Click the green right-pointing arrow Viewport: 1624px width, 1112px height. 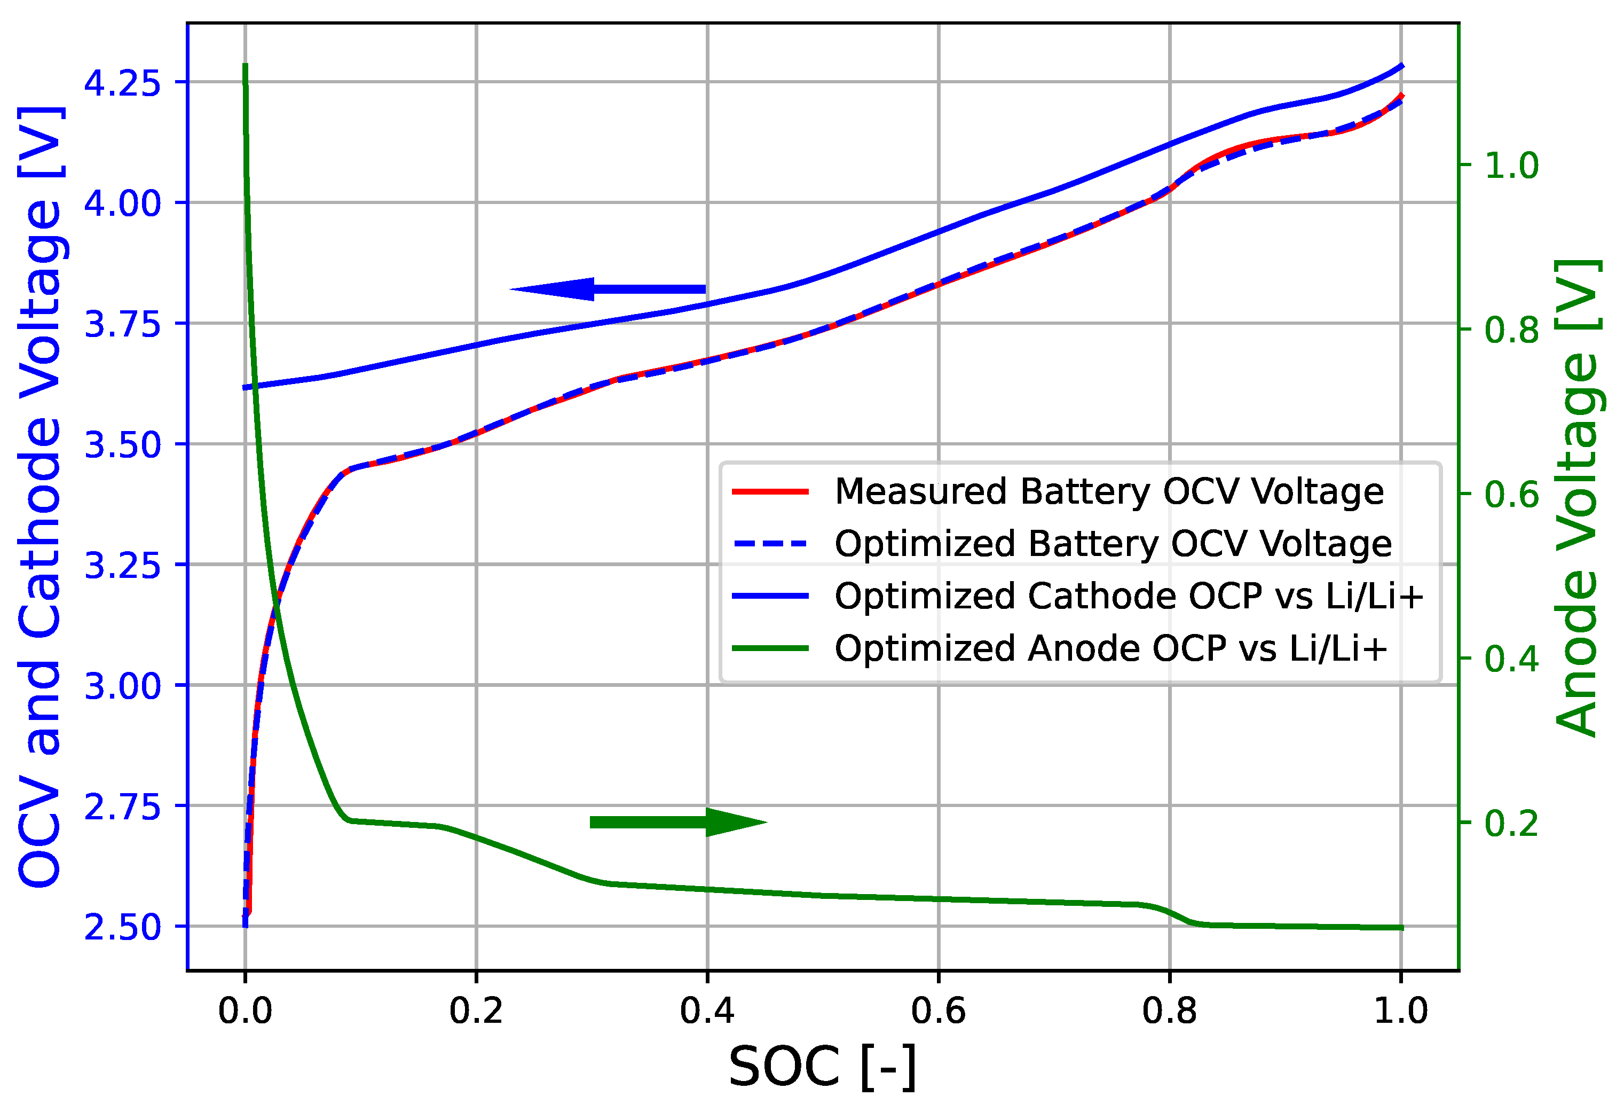pos(679,822)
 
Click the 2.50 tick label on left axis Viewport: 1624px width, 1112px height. pos(122,927)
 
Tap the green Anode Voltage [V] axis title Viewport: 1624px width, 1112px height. pos(1576,498)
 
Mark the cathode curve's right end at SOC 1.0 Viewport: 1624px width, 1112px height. pos(1401,66)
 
